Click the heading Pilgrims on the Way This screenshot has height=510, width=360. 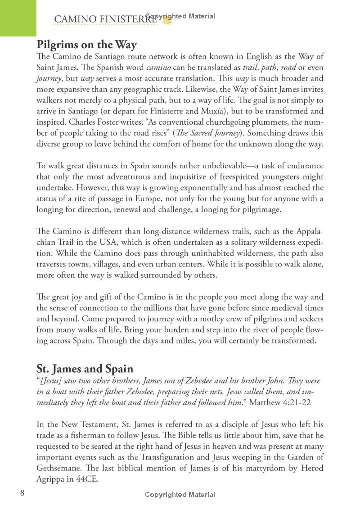click(86, 45)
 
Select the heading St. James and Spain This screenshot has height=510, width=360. click(85, 369)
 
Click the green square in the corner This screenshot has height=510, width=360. click(18, 18)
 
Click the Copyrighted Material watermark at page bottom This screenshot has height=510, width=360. click(180, 495)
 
